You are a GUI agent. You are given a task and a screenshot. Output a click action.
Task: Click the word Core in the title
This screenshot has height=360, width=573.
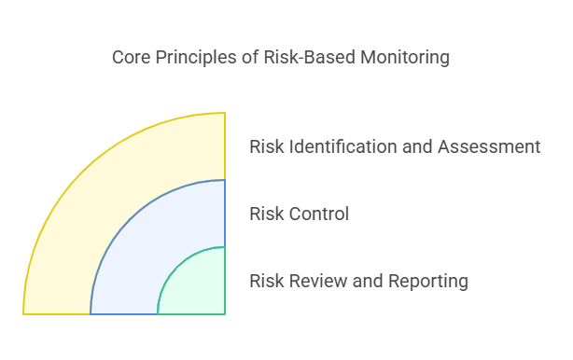pyautogui.click(x=130, y=58)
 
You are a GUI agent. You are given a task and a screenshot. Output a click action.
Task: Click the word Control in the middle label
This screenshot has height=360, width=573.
pyautogui.click(x=319, y=214)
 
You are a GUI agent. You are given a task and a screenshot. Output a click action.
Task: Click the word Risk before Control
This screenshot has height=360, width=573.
pyautogui.click(x=267, y=214)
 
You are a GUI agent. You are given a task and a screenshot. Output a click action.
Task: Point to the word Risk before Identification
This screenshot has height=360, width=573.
pyautogui.click(x=267, y=146)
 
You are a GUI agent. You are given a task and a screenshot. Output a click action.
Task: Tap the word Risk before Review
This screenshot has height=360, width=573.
pyautogui.click(x=267, y=281)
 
